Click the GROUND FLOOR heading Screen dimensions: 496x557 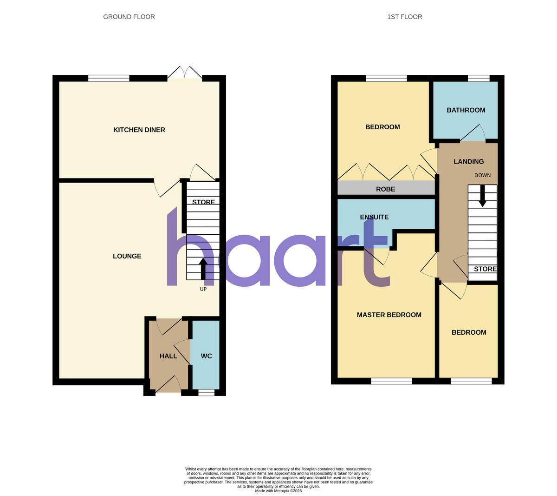tap(129, 17)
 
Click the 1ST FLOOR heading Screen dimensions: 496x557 tap(404, 17)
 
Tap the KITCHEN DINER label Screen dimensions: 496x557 tap(139, 130)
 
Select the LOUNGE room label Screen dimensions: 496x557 tap(127, 256)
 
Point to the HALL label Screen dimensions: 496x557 tap(168, 356)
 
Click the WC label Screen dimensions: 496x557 tap(206, 356)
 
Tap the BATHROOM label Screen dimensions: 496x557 tap(466, 110)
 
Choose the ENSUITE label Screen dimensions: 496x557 tap(374, 217)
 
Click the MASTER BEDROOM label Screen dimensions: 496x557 tap(389, 315)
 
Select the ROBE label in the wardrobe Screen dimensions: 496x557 tap(386, 189)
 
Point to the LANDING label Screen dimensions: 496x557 tap(468, 162)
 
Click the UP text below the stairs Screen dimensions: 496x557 tap(203, 289)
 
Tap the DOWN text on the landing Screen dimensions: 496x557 tap(482, 175)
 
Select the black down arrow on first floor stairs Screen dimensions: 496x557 tap(482, 196)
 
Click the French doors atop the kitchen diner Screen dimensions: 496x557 tap(185, 73)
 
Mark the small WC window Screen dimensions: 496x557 tap(206, 393)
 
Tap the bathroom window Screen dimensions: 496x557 tap(478, 78)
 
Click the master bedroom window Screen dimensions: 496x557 tap(391, 381)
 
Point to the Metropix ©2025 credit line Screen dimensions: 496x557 tap(278, 490)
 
